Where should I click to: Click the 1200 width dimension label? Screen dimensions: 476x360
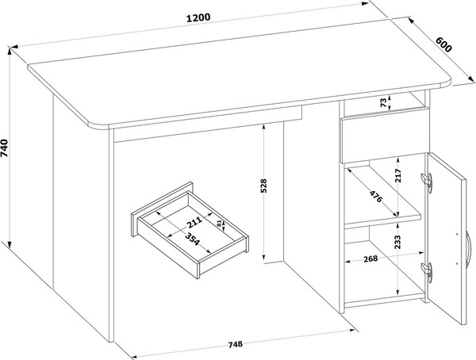198,17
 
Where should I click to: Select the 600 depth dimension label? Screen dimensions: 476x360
443,44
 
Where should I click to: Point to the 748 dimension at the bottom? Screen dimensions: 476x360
236,344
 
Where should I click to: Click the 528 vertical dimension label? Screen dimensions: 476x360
263,186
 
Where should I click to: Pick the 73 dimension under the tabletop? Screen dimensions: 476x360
383,102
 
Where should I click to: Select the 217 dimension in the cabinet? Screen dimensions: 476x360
398,175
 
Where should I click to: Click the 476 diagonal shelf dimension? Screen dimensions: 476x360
375,197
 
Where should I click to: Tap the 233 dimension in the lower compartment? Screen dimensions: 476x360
397,242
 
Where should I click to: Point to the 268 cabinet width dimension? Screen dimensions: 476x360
370,259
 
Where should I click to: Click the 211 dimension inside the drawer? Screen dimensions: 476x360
194,222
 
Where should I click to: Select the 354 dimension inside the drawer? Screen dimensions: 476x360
192,239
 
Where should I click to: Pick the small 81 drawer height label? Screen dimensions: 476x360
219,224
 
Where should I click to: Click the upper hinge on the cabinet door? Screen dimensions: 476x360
426,182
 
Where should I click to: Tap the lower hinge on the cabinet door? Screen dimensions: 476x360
426,272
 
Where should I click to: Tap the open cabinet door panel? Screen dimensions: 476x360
446,238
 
